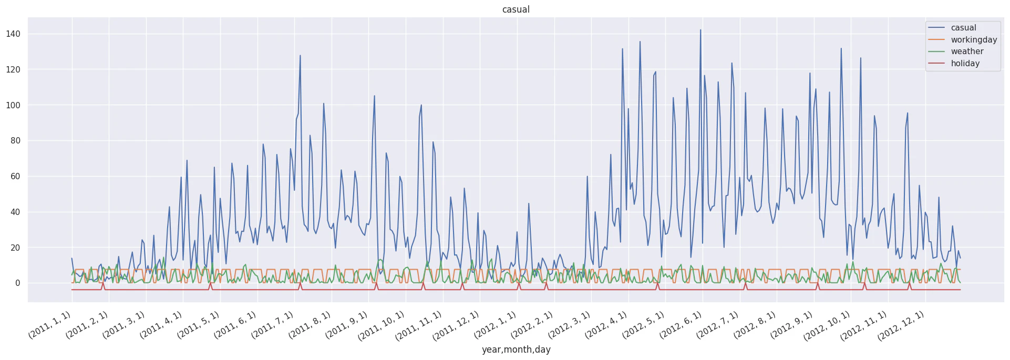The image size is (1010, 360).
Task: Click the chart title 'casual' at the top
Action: point(516,9)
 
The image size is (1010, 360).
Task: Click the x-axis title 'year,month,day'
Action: point(516,349)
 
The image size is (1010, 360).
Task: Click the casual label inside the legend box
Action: point(963,27)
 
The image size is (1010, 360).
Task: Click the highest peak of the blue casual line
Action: point(700,30)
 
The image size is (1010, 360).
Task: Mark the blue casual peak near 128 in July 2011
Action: point(300,55)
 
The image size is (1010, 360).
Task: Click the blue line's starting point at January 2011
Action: point(72,258)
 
